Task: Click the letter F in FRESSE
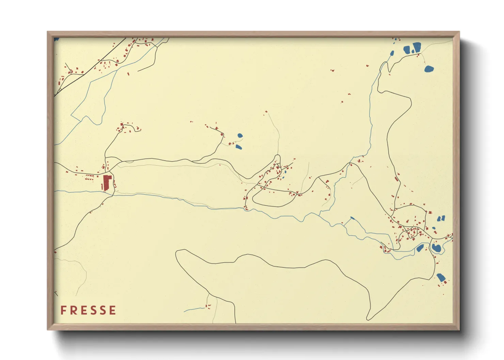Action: pyautogui.click(x=63, y=310)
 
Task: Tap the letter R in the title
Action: pyautogui.click(x=73, y=310)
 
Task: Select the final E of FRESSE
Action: pyautogui.click(x=113, y=310)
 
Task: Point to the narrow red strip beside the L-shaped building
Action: pyautogui.click(x=102, y=187)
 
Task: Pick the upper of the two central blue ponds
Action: pyautogui.click(x=240, y=135)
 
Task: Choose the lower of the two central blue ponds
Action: pyautogui.click(x=238, y=147)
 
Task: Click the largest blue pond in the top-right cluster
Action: pyautogui.click(x=417, y=47)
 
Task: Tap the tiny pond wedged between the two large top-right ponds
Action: pyautogui.click(x=413, y=51)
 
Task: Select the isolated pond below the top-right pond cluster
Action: pyautogui.click(x=429, y=69)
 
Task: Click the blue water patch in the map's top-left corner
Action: pyautogui.click(x=56, y=39)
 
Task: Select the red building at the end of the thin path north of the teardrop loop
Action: pyautogui.click(x=266, y=111)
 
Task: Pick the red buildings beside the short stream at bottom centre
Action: pyautogui.click(x=208, y=306)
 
